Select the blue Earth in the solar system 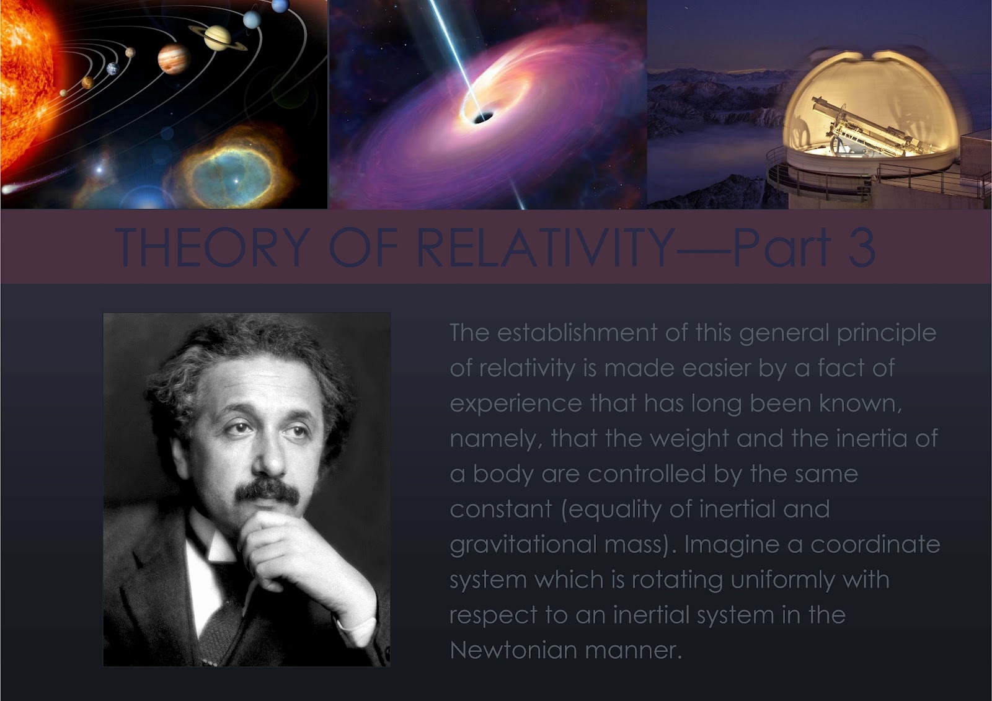coord(112,69)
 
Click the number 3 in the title coord(859,247)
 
